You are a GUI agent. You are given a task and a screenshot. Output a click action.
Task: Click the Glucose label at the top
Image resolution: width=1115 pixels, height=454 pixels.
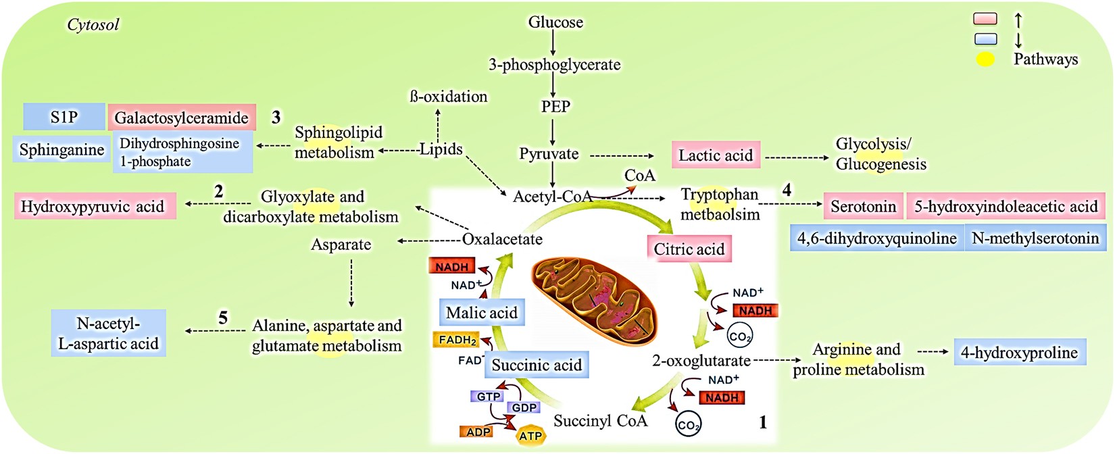point(555,22)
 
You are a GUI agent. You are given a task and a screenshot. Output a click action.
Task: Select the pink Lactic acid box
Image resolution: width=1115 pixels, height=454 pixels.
point(716,155)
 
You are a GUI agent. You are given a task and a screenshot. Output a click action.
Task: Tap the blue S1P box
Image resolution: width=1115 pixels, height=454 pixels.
point(64,117)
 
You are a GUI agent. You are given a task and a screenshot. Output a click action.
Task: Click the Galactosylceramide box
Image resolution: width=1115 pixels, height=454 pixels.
point(181,118)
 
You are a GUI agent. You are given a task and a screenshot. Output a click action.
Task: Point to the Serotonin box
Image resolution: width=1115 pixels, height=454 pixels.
point(863,206)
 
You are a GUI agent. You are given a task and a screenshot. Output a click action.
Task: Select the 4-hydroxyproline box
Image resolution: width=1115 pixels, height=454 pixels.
point(1019,353)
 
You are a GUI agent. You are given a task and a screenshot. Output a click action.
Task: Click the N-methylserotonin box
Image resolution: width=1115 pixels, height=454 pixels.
point(1035,238)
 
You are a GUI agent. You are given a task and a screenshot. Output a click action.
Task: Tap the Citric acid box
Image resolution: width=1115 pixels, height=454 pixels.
point(689,249)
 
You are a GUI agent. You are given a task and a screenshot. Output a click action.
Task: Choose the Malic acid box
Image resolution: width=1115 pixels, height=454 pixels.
point(482,313)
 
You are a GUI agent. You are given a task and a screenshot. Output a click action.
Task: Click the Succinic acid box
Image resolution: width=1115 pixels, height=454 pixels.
point(537,365)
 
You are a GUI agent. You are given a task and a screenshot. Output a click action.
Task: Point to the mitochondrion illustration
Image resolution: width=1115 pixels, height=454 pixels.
point(593,297)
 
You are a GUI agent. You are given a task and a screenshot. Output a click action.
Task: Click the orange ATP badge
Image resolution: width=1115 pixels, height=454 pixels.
point(530,436)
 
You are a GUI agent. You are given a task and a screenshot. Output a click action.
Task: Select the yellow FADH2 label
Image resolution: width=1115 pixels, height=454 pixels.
point(457,340)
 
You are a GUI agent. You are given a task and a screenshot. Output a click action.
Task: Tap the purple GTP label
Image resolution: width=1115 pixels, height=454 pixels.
point(488,397)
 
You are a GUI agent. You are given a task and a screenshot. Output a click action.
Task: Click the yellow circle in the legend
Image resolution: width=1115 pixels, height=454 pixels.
point(985,59)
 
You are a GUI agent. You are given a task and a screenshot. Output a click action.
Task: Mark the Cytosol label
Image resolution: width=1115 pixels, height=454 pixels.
point(93,24)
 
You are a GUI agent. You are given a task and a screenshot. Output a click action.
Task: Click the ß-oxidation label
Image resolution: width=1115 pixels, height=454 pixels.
point(448,97)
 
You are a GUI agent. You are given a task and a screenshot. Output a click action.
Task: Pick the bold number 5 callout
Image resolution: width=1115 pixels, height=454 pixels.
point(223,318)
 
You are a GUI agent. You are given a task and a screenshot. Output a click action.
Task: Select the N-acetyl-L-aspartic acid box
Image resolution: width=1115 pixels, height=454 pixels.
point(108,334)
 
